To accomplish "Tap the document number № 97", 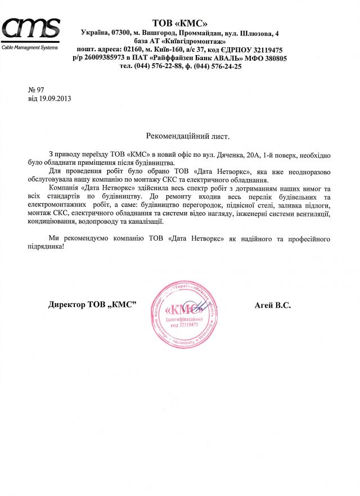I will click(36, 90).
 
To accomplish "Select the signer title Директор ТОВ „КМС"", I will click(93, 305).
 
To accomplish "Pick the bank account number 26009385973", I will click(103, 58).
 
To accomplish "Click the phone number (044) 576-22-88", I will click(159, 66).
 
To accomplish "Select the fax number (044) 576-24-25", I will click(218, 66).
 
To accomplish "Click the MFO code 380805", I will click(272, 58).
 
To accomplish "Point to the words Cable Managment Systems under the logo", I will click(30, 47).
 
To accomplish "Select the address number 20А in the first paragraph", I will click(247, 154).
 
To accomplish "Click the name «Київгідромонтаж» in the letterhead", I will click(195, 42).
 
